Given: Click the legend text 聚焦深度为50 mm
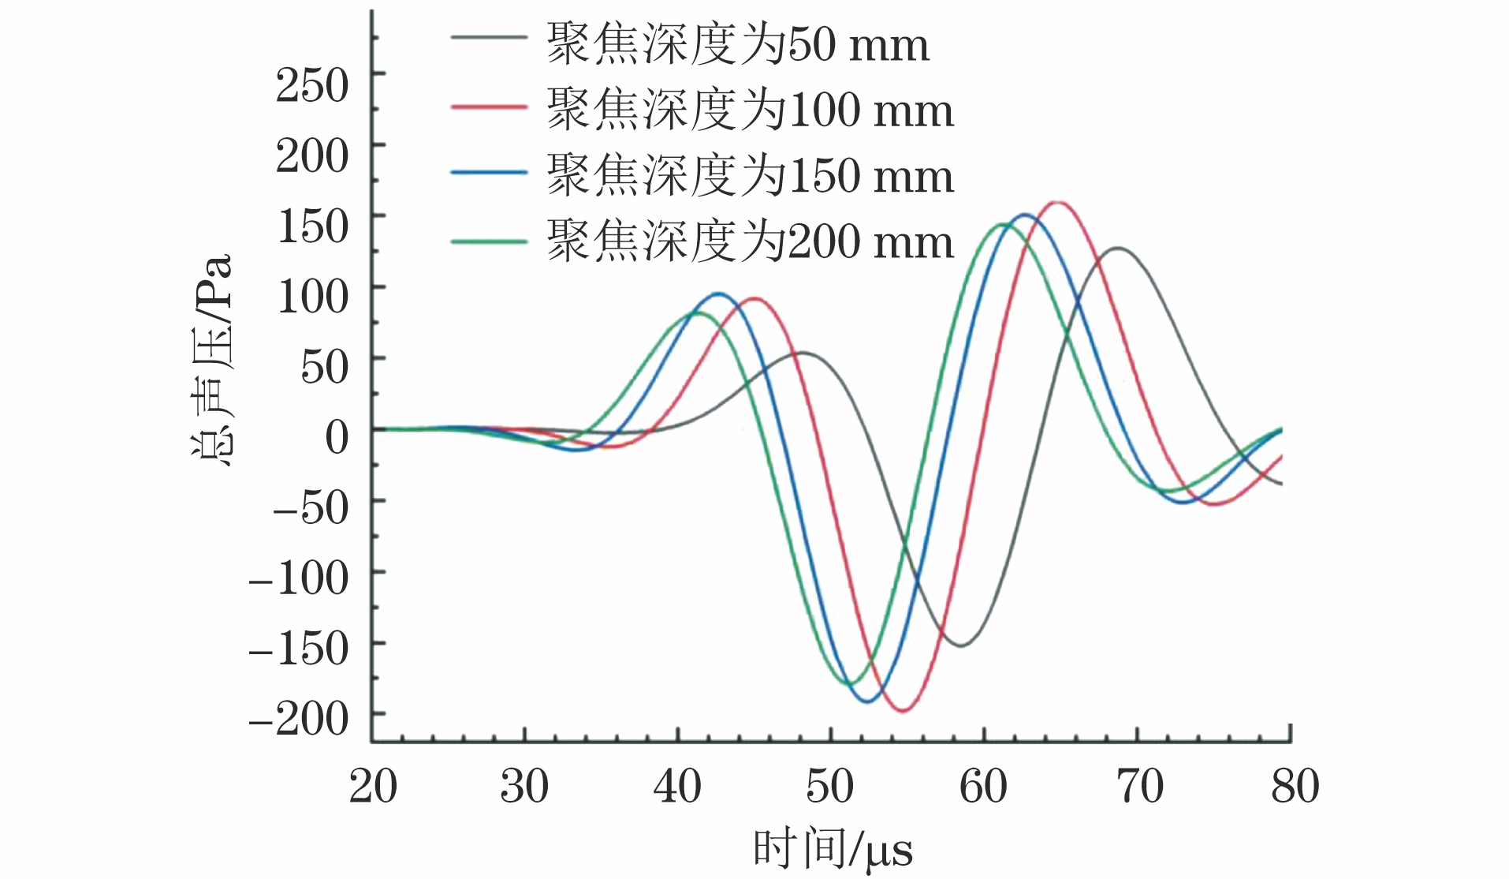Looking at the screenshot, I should pos(738,44).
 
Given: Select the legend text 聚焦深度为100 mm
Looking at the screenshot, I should pos(750,110).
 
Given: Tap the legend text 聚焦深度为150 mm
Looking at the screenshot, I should pos(750,175).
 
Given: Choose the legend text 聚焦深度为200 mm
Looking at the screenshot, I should pos(750,241).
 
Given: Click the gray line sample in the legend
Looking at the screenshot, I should pos(489,38).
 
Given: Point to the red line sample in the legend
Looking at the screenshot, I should pos(489,105).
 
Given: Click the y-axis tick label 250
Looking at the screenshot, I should pos(312,85).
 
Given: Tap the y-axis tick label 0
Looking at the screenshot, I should pos(337,436).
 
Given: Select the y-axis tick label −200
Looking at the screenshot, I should pos(299,719).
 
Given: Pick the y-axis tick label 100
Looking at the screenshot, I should pos(312,297).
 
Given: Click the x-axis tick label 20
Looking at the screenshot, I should pos(373,787).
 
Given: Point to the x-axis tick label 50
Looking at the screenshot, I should pos(830,787).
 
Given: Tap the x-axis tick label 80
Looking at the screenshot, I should pos(1295,787).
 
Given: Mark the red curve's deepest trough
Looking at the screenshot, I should pos(904,711).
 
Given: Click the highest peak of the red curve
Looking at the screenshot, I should pos(1057,203).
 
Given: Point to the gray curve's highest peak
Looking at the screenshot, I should pos(1118,249).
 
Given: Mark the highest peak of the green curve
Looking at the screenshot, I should pos(1002,225).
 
